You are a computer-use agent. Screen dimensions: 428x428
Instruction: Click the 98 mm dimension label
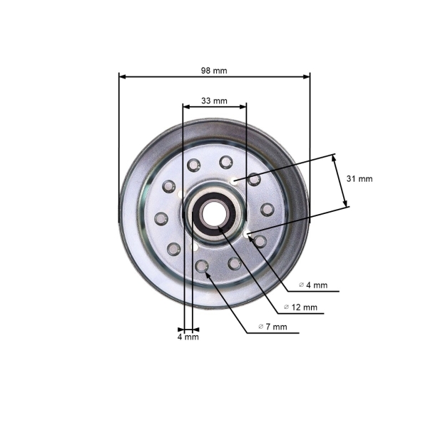tap(214, 70)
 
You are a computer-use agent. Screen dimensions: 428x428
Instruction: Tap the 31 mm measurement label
tap(360, 179)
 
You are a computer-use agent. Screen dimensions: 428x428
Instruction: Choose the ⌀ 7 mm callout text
tap(272, 327)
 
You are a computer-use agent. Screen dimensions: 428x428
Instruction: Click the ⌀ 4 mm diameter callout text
tap(312, 285)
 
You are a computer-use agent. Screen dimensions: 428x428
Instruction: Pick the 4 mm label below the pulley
tap(188, 337)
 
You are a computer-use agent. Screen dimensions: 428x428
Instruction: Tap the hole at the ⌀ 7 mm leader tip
tap(202, 266)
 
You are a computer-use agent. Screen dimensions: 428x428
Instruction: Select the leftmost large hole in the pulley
tap(161, 218)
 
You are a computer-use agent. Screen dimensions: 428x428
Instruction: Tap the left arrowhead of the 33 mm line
tap(186, 107)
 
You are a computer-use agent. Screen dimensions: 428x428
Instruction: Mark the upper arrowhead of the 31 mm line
tap(335, 158)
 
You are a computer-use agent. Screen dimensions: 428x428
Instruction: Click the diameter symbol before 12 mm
tap(286, 307)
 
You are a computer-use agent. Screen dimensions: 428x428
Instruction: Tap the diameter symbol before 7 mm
tap(261, 327)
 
